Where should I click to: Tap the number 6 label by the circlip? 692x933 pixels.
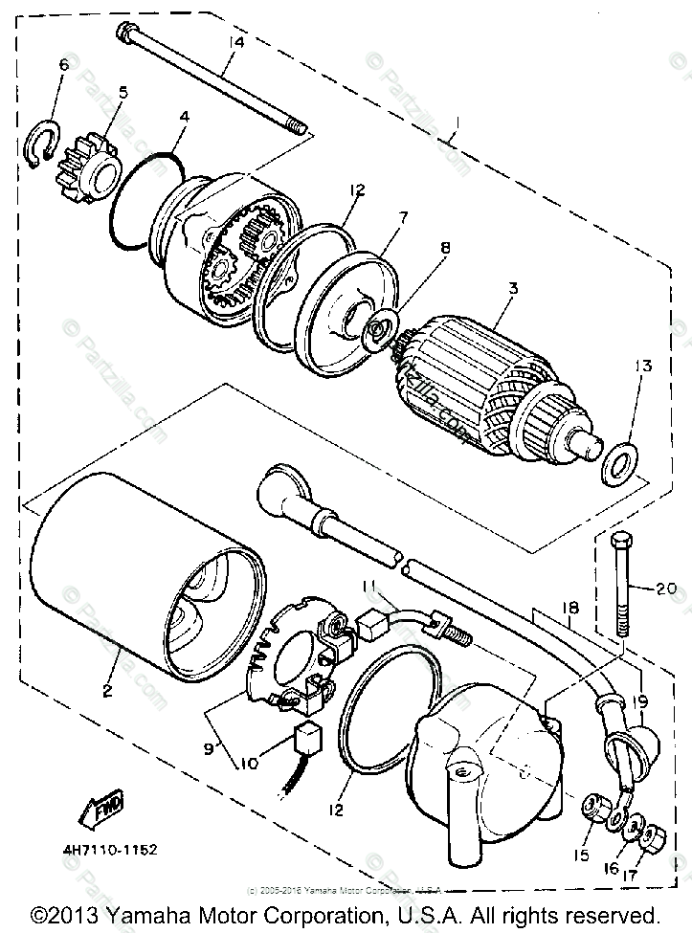[64, 64]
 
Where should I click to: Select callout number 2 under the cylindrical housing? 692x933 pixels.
[108, 689]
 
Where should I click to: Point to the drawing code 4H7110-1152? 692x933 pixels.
[113, 848]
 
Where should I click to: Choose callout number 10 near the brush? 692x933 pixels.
[249, 764]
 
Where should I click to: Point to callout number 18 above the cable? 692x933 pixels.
[569, 607]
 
